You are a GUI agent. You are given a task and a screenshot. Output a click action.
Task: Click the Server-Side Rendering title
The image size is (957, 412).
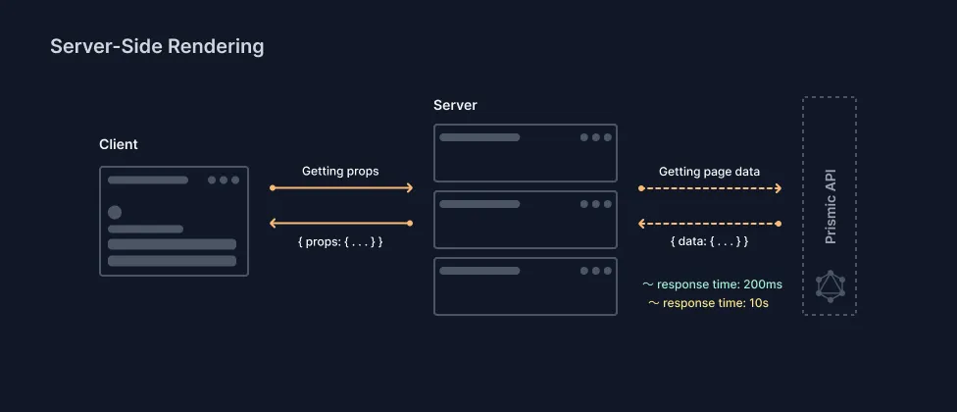point(157,46)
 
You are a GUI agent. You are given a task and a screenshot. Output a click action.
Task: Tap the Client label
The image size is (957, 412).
point(119,144)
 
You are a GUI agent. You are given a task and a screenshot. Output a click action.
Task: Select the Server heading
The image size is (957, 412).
point(455,105)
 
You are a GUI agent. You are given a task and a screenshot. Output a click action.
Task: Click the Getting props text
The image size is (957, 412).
point(340,171)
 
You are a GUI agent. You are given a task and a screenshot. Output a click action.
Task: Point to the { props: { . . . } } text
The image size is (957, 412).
point(340,240)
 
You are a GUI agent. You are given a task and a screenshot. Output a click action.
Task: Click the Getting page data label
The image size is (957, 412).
point(709,171)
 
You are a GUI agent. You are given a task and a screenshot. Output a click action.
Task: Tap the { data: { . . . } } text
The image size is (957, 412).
point(709,240)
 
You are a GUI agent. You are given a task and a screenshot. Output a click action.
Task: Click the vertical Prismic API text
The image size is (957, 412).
point(830,208)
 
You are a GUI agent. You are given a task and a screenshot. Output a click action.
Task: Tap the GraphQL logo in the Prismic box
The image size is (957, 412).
point(830,285)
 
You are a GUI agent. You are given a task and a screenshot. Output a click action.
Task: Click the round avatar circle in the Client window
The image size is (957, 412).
point(115,212)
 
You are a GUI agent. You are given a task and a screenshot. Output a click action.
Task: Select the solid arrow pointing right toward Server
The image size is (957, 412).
point(341,187)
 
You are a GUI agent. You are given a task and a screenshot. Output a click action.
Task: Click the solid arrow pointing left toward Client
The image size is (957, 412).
point(341,224)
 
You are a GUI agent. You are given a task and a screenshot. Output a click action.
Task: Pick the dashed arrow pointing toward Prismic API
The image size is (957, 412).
point(710,187)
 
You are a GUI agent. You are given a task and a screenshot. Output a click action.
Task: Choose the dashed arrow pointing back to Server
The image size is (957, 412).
point(710,224)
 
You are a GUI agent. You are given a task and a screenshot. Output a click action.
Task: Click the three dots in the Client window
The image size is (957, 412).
point(224,180)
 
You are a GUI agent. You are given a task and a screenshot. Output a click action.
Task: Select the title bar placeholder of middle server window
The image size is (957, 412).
point(479,204)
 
